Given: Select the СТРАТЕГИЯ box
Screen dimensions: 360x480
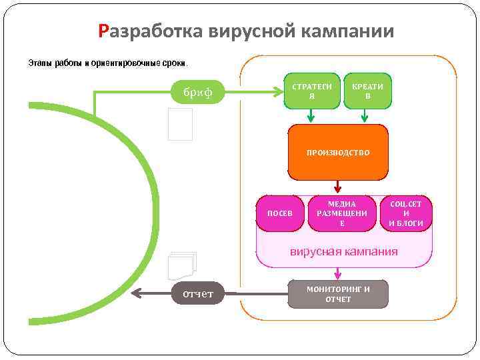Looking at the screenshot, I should (x=312, y=91).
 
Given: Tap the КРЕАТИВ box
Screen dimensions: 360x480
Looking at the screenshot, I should (x=367, y=91).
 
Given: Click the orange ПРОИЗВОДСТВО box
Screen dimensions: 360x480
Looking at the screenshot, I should (x=338, y=153).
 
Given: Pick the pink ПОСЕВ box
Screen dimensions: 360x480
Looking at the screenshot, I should (x=280, y=213).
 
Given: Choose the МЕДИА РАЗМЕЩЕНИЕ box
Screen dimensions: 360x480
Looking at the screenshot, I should (x=342, y=213).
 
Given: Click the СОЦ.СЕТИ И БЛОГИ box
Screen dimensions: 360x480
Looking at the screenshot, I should (x=406, y=213).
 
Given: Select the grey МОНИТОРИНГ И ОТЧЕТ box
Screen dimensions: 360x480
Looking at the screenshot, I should (x=338, y=294).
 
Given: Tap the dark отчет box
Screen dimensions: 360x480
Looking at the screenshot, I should (x=198, y=294).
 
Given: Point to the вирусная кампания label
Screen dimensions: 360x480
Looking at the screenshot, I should (x=343, y=251).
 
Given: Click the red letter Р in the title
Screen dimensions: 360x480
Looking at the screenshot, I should (x=103, y=31).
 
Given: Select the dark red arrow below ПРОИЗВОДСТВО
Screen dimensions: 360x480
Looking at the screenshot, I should (x=338, y=186).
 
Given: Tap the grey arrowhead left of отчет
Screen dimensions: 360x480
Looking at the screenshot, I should (x=137, y=294).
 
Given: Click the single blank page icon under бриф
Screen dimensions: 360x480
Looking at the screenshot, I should (x=180, y=124).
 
